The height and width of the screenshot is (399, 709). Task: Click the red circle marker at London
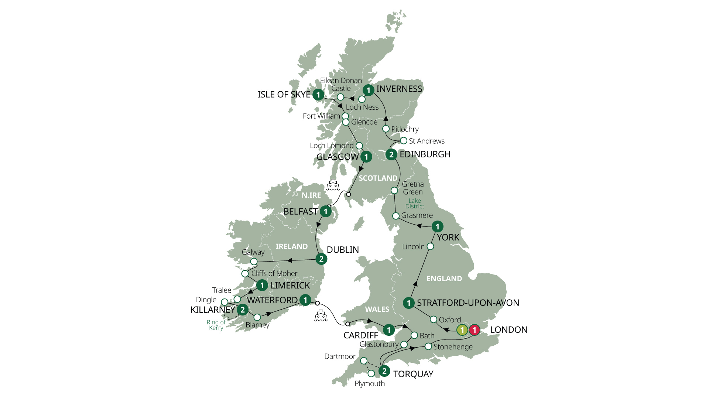[474, 330]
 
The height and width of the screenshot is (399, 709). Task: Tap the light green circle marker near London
[462, 330]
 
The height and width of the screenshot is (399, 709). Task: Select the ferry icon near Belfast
[333, 185]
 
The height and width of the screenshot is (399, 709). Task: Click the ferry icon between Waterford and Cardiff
[321, 316]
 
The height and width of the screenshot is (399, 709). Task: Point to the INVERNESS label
[399, 89]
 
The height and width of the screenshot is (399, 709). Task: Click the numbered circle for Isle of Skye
[318, 95]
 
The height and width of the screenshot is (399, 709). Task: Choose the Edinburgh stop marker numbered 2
[391, 154]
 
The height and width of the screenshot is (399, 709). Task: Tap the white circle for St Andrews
[404, 141]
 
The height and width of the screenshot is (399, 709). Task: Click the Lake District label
[415, 204]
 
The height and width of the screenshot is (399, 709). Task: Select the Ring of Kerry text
[216, 325]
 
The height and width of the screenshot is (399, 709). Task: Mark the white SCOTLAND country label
[378, 178]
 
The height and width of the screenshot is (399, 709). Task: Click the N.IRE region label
[311, 195]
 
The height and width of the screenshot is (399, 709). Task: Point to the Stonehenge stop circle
[428, 347]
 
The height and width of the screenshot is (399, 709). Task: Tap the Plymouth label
[370, 383]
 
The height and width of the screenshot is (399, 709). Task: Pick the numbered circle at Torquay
[384, 371]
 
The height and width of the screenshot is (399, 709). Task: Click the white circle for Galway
[254, 262]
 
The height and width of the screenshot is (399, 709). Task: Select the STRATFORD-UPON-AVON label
[468, 303]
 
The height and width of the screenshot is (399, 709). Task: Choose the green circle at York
[438, 226]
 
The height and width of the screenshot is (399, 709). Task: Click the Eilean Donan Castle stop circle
[340, 97]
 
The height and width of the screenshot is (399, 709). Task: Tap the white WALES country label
[377, 309]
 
